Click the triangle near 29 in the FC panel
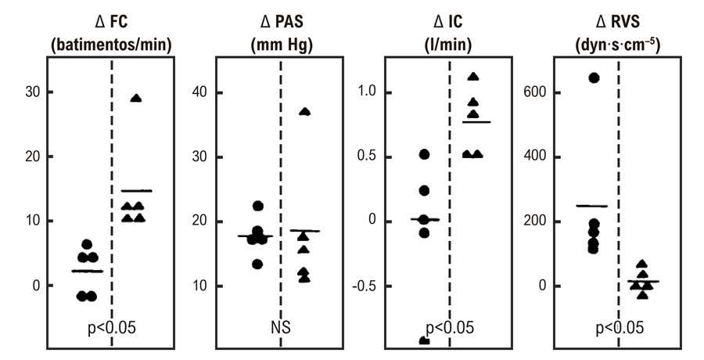(x=136, y=99)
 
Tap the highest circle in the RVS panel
(x=594, y=78)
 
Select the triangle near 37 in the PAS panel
(x=305, y=112)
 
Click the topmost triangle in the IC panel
(x=473, y=77)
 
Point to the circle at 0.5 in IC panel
(x=424, y=155)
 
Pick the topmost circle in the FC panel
(x=87, y=244)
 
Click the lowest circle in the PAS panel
(x=257, y=265)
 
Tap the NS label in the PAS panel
(x=281, y=328)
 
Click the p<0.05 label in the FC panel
(x=111, y=328)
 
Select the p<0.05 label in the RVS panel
(x=620, y=328)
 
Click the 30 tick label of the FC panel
(x=33, y=92)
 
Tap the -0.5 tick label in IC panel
(x=363, y=286)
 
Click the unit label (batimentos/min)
(x=111, y=46)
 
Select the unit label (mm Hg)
(x=281, y=46)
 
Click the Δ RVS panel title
(x=618, y=21)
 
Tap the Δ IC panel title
(x=449, y=21)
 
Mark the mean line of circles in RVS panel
(x=591, y=207)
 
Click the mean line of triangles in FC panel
(x=137, y=191)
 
